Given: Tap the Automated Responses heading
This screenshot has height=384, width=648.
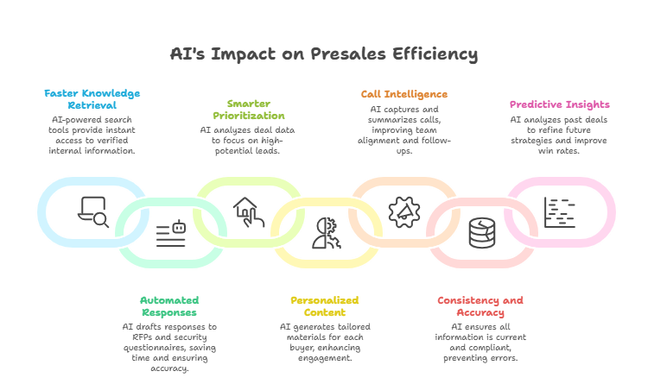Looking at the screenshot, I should point(169,306).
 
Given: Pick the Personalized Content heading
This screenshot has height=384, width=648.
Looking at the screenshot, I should point(324,306).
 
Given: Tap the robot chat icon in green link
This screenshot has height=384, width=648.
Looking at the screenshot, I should point(171,234).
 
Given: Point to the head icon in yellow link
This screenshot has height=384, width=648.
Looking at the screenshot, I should point(326,234).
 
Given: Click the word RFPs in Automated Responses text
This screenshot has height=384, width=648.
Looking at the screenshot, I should point(133,337).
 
